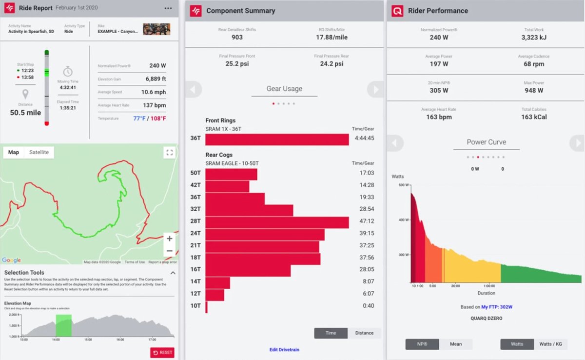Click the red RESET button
[162, 353]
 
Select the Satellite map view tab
[39, 152]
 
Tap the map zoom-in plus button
[169, 239]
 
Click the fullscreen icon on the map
[169, 153]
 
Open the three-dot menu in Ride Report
[168, 9]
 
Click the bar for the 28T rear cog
[277, 222]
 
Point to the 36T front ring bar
[277, 140]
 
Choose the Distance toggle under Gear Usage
[364, 333]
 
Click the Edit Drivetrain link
[284, 350]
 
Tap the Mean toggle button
[456, 344]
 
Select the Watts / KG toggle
[550, 344]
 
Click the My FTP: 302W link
[497, 307]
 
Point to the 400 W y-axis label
[402, 220]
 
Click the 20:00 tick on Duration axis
[455, 286]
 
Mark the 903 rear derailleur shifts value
[237, 38]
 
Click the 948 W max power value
[534, 90]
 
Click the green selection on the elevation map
[63, 325]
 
